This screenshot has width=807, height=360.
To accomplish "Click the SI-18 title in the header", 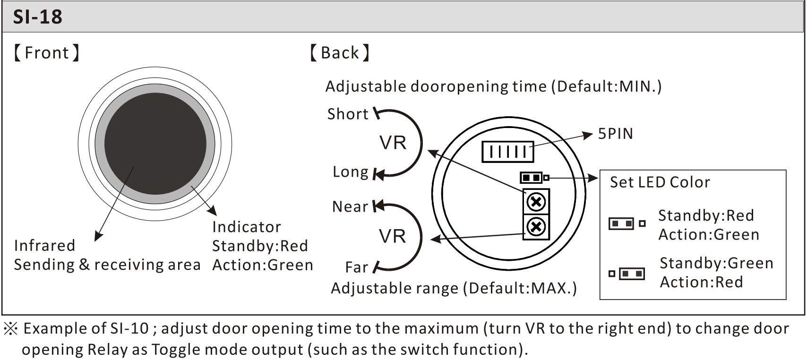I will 38,17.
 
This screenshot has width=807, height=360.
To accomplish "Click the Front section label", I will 47,53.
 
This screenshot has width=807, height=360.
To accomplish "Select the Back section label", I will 339,53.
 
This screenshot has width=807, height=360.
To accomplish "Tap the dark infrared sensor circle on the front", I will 155,144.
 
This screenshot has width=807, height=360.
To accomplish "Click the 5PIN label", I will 615,134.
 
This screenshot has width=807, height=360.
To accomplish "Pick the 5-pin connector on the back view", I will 507,152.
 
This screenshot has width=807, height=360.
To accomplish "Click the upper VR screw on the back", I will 536,202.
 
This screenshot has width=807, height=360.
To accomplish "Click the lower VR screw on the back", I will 536,227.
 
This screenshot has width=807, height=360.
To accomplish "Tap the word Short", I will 347,114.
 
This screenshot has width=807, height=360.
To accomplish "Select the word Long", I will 350,172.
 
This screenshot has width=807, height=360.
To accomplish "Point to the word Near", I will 350,206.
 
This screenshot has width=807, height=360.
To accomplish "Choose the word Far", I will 356,267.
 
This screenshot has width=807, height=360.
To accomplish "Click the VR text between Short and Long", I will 393,143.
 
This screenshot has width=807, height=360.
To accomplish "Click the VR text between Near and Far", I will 392,236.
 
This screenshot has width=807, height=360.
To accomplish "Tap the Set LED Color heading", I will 660,182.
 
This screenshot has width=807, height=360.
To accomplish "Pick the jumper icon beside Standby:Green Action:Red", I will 627,274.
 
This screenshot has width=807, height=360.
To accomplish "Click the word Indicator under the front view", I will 246,227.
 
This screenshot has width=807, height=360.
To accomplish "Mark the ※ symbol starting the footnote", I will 10,328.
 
